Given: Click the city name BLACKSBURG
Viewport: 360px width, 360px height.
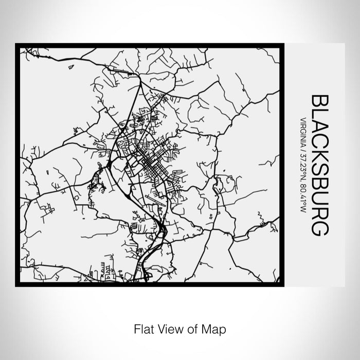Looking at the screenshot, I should click(x=318, y=165).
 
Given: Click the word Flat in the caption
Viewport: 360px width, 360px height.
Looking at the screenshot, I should click(x=142, y=328).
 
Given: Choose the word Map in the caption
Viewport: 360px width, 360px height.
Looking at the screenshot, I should click(x=217, y=328).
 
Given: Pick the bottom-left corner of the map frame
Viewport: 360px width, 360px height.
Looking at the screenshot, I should click(x=17, y=284).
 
